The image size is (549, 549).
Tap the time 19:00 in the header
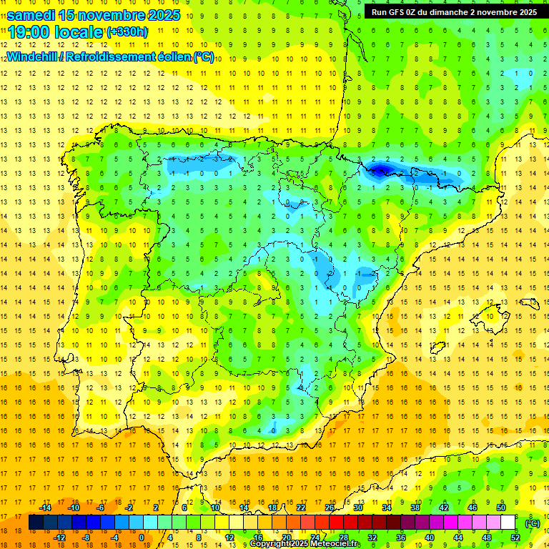[x=29, y=32]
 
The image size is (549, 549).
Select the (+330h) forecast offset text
[x=127, y=32]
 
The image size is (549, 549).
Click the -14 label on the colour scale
[x=45, y=508]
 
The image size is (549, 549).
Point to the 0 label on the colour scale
[x=142, y=538]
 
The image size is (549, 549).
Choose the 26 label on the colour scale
[x=330, y=508]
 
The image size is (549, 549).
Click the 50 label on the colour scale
[x=501, y=508]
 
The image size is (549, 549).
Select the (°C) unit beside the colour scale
[x=533, y=523]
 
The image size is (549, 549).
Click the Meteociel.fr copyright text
[x=305, y=544]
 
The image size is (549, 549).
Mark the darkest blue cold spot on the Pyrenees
[x=380, y=169]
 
